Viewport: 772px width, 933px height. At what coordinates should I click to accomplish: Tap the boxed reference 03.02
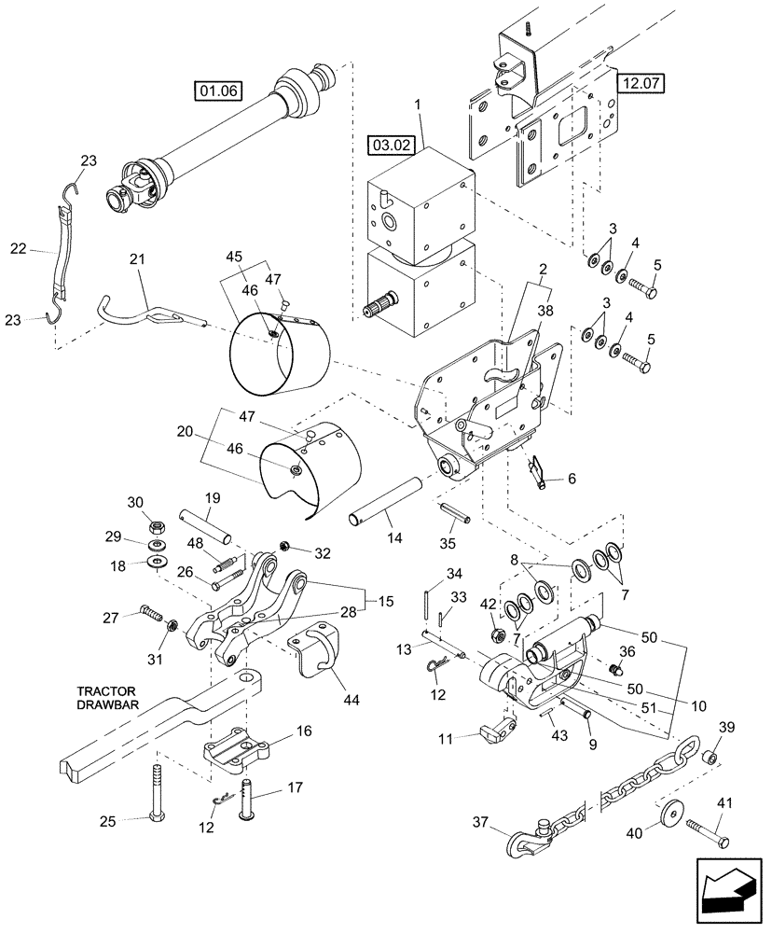click(391, 146)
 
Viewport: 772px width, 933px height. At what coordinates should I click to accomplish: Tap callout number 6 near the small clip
click(572, 479)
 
